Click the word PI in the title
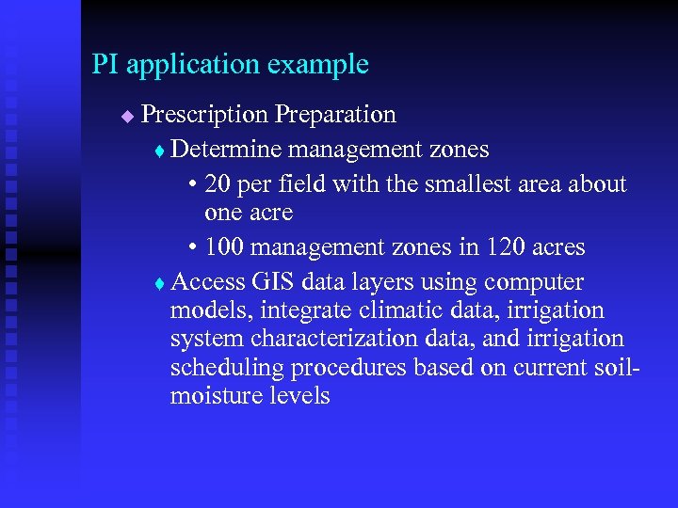coord(105,65)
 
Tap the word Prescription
coord(204,116)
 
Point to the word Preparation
coord(335,116)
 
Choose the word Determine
coord(227,149)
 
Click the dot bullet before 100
coord(192,248)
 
